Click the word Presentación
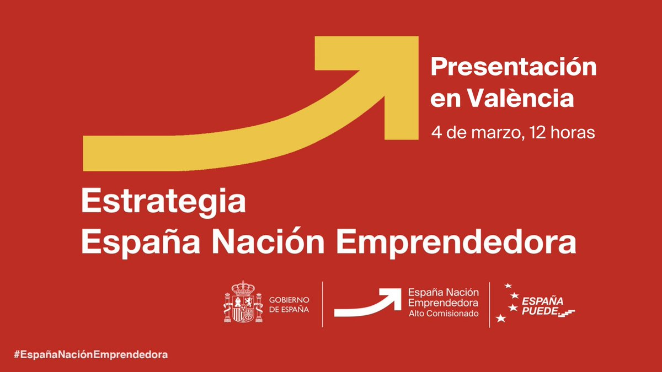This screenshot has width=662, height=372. pos(514,67)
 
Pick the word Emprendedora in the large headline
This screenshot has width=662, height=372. pos(456,243)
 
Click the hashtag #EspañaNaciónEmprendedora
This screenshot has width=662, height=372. pos(90,354)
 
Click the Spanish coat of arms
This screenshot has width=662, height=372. pos(243,301)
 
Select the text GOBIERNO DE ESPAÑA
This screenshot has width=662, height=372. pos(289,305)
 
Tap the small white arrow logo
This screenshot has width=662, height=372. pos(367,304)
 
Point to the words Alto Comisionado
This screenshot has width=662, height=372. pos(444,313)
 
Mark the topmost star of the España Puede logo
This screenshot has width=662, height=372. pos(508,285)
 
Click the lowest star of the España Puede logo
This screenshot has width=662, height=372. pos(501,318)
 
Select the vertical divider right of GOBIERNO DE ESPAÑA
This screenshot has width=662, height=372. pos(322,304)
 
